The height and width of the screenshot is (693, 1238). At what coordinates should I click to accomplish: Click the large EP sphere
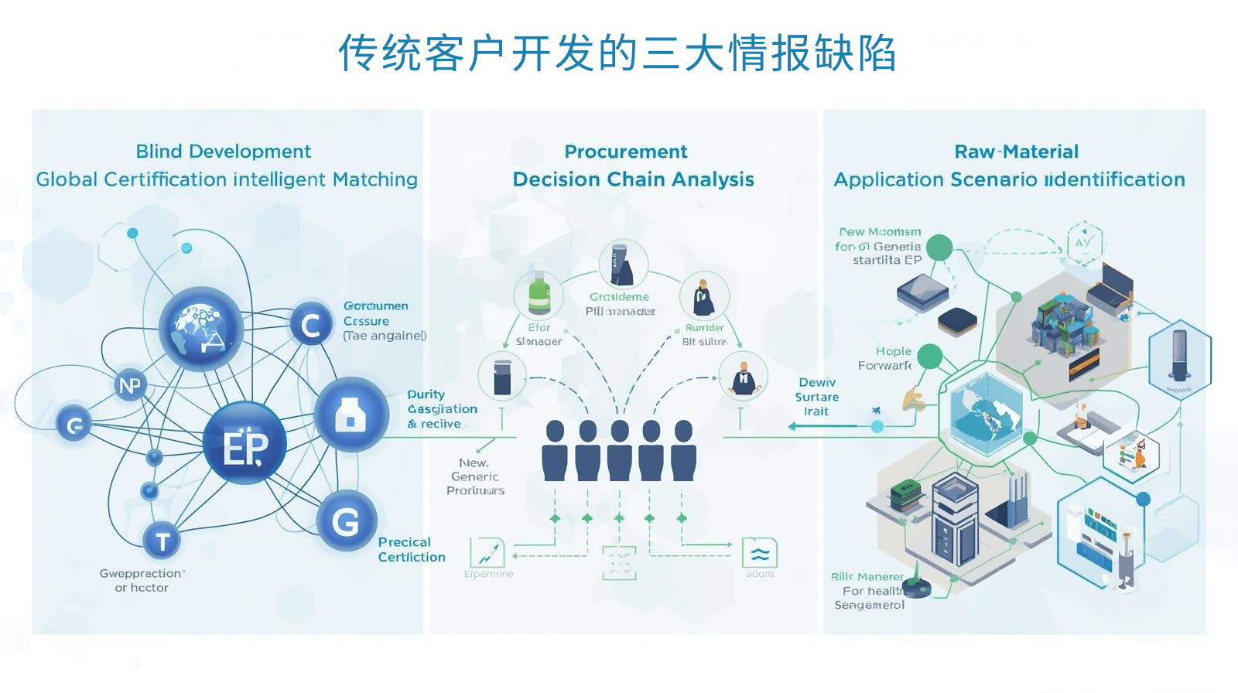[245, 444]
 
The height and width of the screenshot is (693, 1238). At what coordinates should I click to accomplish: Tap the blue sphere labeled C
[311, 325]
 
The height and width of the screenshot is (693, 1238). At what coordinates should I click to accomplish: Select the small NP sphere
[130, 385]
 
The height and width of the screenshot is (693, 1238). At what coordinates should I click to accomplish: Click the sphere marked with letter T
[162, 541]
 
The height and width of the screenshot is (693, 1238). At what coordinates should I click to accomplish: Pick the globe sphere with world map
[201, 328]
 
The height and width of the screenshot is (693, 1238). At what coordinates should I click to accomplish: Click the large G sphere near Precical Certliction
[345, 521]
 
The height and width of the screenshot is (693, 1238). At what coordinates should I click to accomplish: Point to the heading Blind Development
[223, 151]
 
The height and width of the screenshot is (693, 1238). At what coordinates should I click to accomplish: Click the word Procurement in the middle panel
[625, 151]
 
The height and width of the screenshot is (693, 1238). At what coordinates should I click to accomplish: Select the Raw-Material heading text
[1016, 151]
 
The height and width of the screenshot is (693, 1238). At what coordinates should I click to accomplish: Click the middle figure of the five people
[619, 452]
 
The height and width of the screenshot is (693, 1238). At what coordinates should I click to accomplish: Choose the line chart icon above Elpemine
[487, 553]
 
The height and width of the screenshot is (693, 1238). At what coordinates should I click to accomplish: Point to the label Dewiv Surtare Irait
[816, 397]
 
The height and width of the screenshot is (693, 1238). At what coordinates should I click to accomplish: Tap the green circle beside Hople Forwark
[929, 357]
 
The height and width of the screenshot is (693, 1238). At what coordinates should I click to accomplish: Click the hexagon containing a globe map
[985, 416]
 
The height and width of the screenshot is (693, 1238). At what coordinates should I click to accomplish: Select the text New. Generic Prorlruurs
[475, 476]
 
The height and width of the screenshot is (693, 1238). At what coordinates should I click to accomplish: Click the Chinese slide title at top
[617, 53]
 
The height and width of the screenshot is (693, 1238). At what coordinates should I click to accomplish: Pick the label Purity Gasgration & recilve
[442, 408]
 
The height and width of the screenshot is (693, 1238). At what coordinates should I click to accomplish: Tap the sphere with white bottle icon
[351, 415]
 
